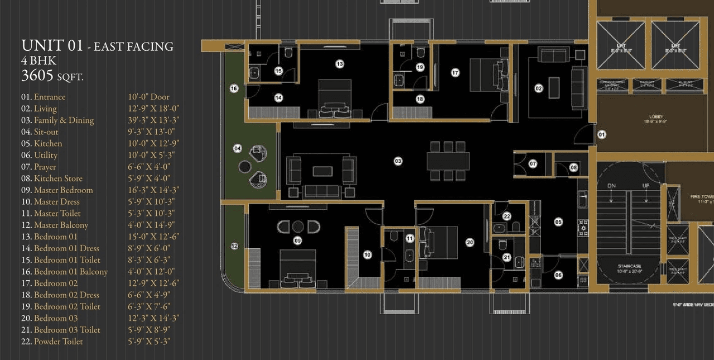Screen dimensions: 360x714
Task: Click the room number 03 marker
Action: (x=398, y=161)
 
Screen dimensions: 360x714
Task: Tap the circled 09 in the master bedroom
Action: (x=297, y=241)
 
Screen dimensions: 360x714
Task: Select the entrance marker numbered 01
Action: (x=602, y=135)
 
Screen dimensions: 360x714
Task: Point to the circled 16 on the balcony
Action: (x=234, y=88)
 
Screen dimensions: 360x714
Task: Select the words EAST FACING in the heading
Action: (x=133, y=47)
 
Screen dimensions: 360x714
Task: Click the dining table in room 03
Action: (x=448, y=161)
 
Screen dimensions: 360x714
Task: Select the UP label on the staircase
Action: (x=646, y=185)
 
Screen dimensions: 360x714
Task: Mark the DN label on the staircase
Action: (x=611, y=185)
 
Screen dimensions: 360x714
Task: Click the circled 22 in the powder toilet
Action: (x=506, y=216)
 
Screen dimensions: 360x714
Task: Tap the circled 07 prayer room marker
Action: (x=533, y=164)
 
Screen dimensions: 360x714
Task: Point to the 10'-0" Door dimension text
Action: (x=149, y=97)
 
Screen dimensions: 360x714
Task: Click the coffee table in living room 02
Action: (x=554, y=87)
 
